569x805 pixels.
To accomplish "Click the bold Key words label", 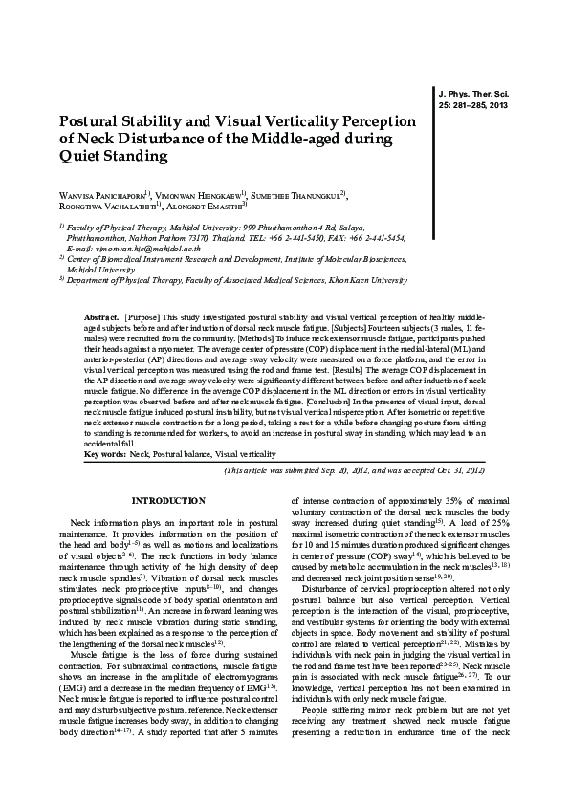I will tap(105, 454).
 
